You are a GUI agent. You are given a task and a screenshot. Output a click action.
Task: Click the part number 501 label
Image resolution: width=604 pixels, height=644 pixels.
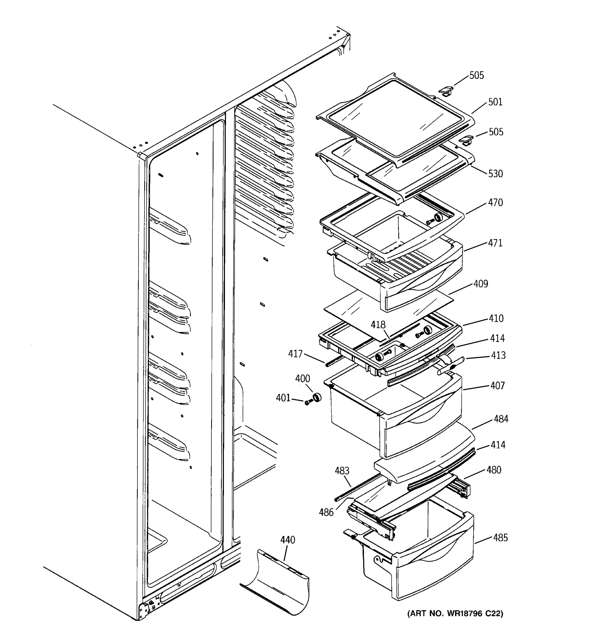[x=495, y=102]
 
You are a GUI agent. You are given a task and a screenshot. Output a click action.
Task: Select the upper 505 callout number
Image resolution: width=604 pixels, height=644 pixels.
[x=477, y=75]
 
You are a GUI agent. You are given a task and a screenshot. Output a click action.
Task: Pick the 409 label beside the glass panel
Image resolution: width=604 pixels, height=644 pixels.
[x=481, y=284]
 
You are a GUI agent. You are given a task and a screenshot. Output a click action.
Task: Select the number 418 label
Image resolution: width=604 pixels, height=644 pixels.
[x=378, y=325]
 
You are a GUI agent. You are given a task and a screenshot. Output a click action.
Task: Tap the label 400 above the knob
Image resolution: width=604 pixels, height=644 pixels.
[x=302, y=379]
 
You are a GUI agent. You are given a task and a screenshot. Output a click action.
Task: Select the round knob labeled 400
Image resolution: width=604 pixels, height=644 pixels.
[x=316, y=397]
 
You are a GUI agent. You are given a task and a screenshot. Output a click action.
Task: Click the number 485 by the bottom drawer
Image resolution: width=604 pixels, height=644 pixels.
[x=500, y=538]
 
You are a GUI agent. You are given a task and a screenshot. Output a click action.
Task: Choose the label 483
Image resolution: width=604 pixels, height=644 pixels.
[x=342, y=471]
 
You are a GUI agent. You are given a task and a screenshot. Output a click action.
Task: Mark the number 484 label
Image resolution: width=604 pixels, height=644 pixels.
[x=501, y=419]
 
